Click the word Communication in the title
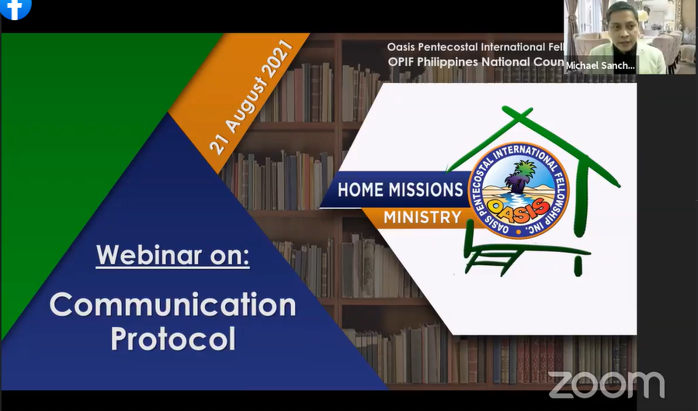pyautogui.click(x=172, y=304)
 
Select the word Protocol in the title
pyautogui.click(x=172, y=339)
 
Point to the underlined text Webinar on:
pyautogui.click(x=172, y=255)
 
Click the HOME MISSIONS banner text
pyautogui.click(x=400, y=190)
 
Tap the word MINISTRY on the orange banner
pyautogui.click(x=422, y=217)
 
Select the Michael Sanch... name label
pyautogui.click(x=600, y=66)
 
